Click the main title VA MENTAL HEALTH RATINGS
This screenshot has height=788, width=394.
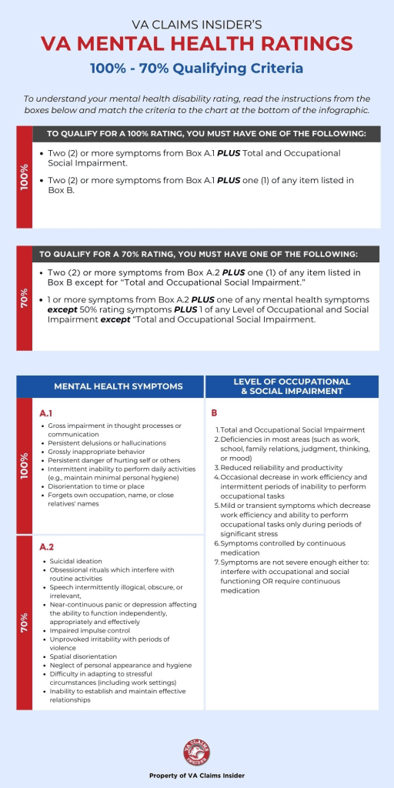pos(196,43)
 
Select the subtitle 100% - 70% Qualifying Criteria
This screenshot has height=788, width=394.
pos(196,68)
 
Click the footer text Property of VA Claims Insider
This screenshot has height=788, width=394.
pos(197,776)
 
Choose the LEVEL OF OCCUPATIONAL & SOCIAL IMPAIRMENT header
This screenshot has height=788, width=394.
pos(292,386)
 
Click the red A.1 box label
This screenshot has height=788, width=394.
pos(46,412)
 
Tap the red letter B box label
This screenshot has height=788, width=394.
pos(214,412)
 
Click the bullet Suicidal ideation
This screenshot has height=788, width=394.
pos(76,562)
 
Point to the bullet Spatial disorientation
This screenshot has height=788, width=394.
pos(83,656)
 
